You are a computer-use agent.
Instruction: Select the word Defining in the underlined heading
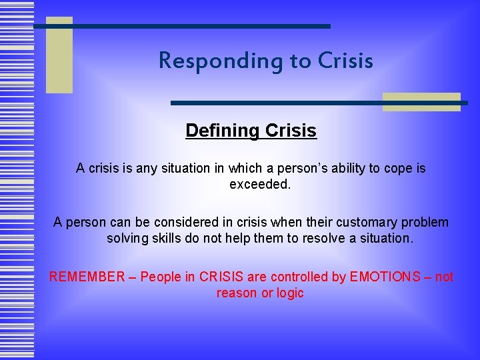tap(223, 130)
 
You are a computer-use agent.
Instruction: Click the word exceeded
tap(260, 184)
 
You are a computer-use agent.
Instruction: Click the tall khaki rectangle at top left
tap(59, 55)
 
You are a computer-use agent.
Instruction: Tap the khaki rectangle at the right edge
tap(421, 101)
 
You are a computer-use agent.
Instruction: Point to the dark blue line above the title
tap(182, 26)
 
